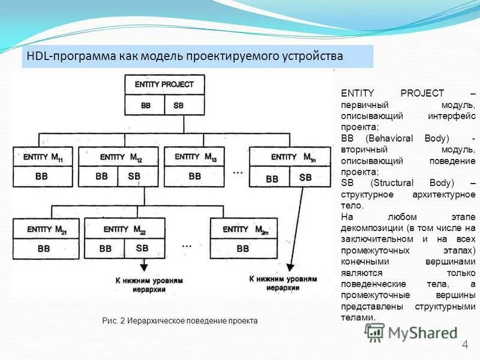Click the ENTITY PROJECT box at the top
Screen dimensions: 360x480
click(164, 85)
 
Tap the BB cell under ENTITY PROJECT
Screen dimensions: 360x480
click(146, 106)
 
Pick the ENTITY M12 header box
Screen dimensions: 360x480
click(121, 157)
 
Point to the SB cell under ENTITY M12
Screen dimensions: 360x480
click(134, 177)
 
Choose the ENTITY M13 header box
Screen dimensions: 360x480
click(195, 157)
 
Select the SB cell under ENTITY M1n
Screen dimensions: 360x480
click(305, 178)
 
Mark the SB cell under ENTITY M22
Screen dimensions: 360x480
click(142, 248)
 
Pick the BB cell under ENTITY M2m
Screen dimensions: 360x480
click(243, 248)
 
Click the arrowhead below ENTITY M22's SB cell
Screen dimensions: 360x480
click(143, 269)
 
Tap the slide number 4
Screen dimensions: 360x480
click(464, 344)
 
